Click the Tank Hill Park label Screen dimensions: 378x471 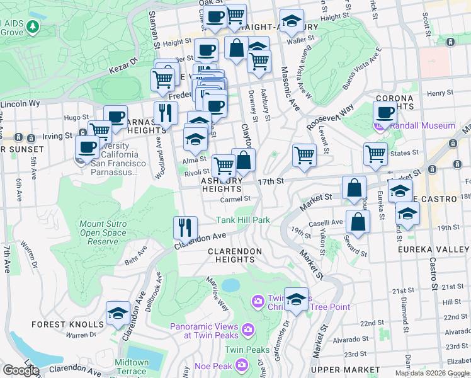pos(243,220)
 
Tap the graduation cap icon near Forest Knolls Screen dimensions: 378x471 pos(118,313)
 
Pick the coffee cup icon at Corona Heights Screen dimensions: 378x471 pos(385,112)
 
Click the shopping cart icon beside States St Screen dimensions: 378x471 pos(375,152)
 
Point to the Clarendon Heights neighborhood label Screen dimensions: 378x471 pos(234,255)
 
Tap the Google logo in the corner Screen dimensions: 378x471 pos(21,370)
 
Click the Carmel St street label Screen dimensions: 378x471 pos(235,198)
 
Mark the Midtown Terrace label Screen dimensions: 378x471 pos(132,367)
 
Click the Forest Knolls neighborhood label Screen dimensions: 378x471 pos(68,324)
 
